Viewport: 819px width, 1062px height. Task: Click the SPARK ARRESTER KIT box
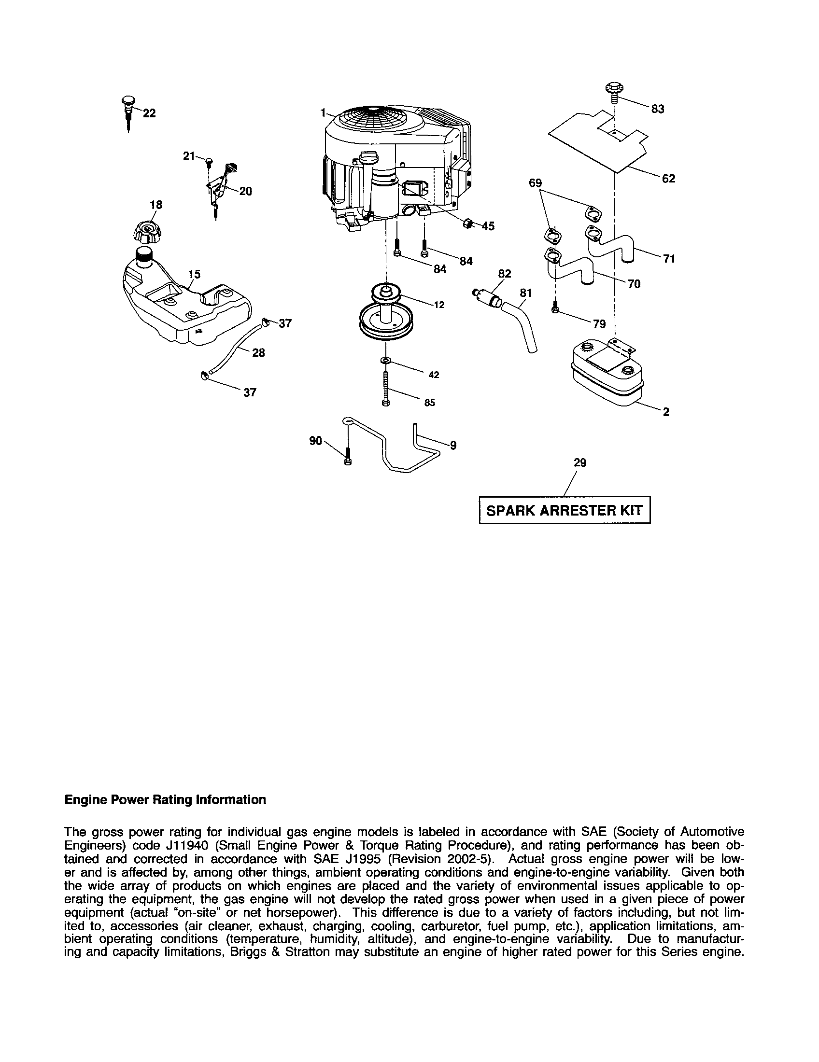pyautogui.click(x=564, y=510)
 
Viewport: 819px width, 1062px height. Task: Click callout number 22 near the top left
pyautogui.click(x=149, y=113)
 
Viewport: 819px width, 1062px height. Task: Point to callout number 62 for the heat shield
pyautogui.click(x=668, y=179)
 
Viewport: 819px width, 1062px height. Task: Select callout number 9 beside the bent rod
pyautogui.click(x=453, y=445)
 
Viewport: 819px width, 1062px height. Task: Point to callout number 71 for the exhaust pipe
pyautogui.click(x=669, y=259)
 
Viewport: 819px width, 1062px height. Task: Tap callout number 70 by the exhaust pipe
pyautogui.click(x=634, y=284)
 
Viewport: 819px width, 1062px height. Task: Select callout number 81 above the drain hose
pyautogui.click(x=525, y=293)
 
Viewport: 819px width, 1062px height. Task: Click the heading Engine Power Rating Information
pyautogui.click(x=165, y=800)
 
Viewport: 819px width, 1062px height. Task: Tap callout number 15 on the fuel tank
pyautogui.click(x=194, y=274)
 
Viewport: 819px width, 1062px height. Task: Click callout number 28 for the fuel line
pyautogui.click(x=258, y=352)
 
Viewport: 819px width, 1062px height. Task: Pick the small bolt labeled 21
pyautogui.click(x=209, y=160)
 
